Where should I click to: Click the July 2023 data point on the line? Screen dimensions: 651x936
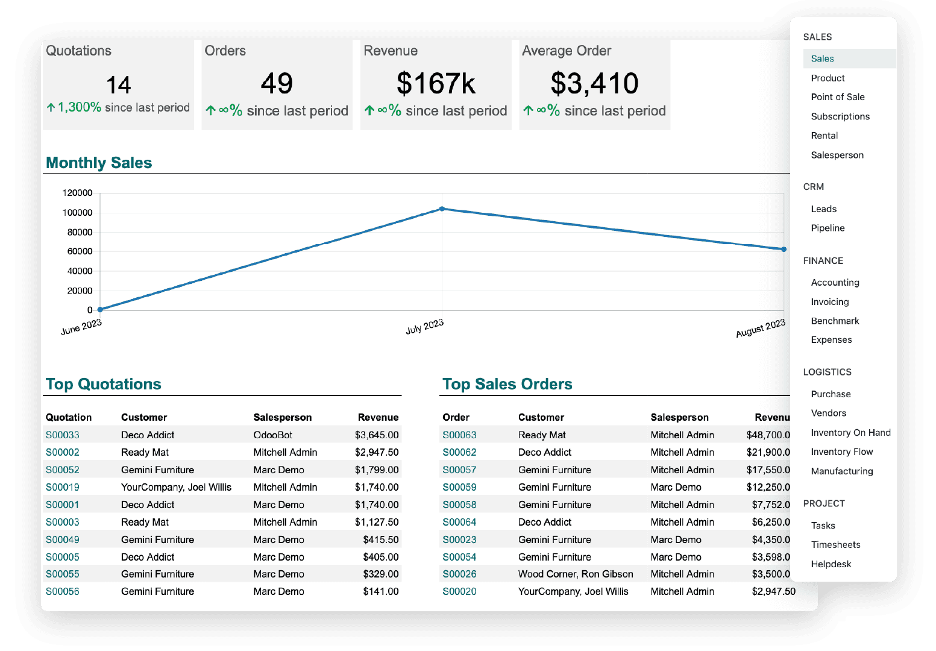[x=442, y=209]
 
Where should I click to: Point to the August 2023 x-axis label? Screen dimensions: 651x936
[x=761, y=328]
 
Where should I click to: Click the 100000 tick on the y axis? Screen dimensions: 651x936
[x=77, y=212]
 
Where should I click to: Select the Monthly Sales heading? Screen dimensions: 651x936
[x=99, y=163]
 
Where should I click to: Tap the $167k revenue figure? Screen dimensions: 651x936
[x=436, y=83]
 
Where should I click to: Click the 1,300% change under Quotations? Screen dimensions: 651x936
[x=79, y=107]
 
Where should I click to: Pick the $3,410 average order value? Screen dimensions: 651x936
[x=594, y=83]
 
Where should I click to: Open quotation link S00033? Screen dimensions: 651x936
[x=63, y=435]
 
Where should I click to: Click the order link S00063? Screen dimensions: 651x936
[x=459, y=435]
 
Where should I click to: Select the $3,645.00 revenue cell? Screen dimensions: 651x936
[x=377, y=435]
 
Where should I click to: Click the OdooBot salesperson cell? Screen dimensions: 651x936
[x=272, y=435]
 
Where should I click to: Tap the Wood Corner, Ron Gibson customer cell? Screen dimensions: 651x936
[x=576, y=574]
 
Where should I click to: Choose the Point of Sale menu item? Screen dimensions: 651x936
[x=837, y=97]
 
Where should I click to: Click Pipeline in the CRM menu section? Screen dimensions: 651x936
[x=828, y=228]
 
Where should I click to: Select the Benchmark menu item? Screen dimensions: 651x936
[x=835, y=321]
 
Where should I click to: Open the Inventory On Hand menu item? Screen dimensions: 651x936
[x=850, y=432]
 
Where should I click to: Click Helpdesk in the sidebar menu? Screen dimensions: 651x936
[x=831, y=564]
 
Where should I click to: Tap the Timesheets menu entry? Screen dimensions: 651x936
[x=835, y=544]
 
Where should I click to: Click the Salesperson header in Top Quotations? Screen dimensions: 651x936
[x=283, y=417]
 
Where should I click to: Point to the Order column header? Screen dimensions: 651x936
[x=456, y=417]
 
